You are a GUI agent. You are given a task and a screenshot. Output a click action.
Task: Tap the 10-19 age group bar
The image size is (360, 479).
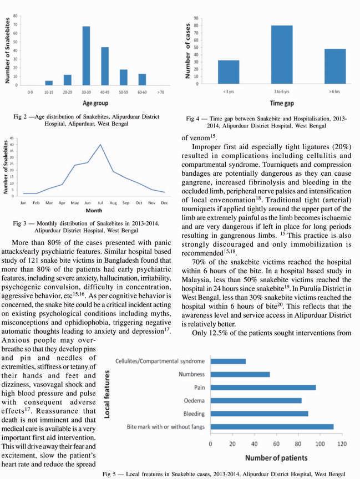coord(49,82)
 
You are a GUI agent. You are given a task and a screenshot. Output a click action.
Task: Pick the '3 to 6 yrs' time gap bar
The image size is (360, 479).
coord(282,54)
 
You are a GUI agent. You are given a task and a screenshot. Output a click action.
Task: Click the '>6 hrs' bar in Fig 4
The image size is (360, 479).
coord(334,66)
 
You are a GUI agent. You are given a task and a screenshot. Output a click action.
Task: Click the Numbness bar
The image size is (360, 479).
coord(240,374)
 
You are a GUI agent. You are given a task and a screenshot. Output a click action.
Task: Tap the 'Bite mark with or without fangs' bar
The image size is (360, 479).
coord(271,426)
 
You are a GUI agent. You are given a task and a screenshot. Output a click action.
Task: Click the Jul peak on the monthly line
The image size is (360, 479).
coord(100,145)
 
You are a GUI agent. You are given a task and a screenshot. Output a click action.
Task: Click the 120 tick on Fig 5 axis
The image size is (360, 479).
coord(342,444)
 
